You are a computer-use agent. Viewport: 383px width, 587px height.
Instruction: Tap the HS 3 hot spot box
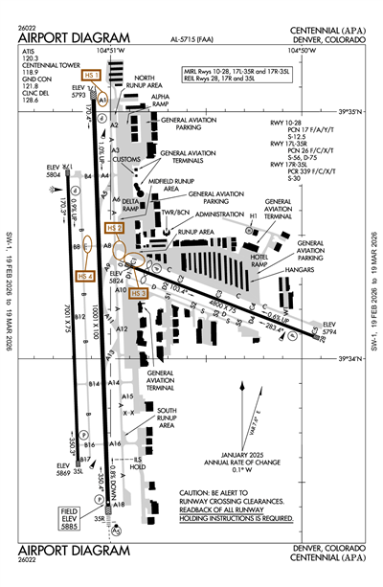click(141, 293)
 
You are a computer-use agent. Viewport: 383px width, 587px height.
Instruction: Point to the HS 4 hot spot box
click(86, 276)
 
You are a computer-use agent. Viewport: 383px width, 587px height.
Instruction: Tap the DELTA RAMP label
click(130, 204)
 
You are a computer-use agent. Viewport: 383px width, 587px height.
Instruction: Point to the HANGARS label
click(300, 272)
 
